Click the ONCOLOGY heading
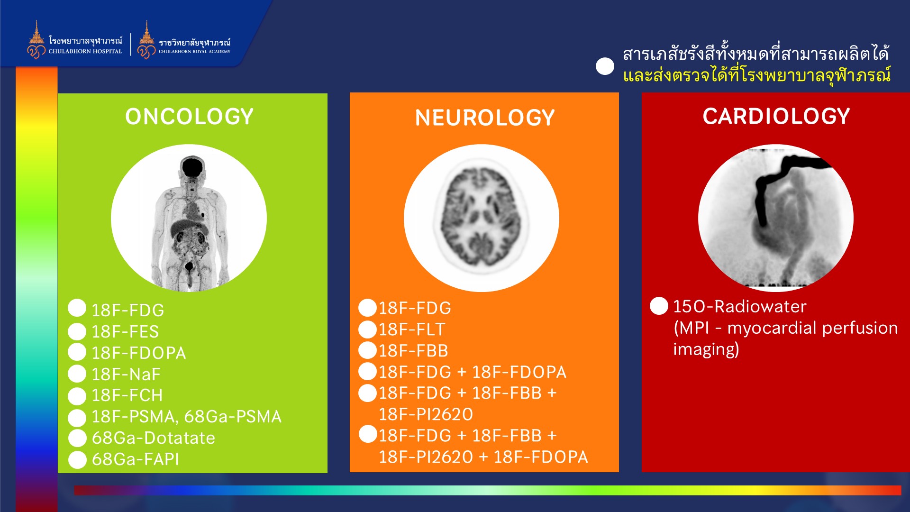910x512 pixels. pyautogui.click(x=189, y=117)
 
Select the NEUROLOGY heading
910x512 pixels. pyautogui.click(x=485, y=118)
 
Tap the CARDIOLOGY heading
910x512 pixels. pyautogui.click(x=776, y=116)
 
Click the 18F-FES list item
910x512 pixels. pyautogui.click(x=125, y=331)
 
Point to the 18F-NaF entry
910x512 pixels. pyautogui.click(x=126, y=374)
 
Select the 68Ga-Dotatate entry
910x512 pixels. pyautogui.click(x=153, y=438)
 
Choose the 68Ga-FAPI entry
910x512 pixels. pyautogui.click(x=136, y=459)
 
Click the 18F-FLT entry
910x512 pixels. pyautogui.click(x=412, y=329)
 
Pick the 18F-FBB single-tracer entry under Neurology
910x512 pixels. pyautogui.click(x=413, y=350)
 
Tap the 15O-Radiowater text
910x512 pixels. pyautogui.click(x=739, y=306)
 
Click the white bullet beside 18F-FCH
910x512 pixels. pyautogui.click(x=77, y=396)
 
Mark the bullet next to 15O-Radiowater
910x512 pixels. pyautogui.click(x=659, y=306)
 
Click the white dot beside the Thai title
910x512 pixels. pyautogui.click(x=605, y=66)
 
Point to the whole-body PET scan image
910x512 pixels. pyautogui.click(x=189, y=218)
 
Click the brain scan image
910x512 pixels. pyautogui.click(x=482, y=218)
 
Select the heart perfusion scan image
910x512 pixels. pyautogui.click(x=776, y=218)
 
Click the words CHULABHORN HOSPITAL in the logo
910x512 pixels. pyautogui.click(x=85, y=51)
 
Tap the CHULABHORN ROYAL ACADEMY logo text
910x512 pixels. pyautogui.click(x=194, y=51)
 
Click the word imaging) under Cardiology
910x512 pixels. pyautogui.click(x=706, y=349)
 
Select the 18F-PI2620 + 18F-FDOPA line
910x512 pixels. pyautogui.click(x=483, y=457)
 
